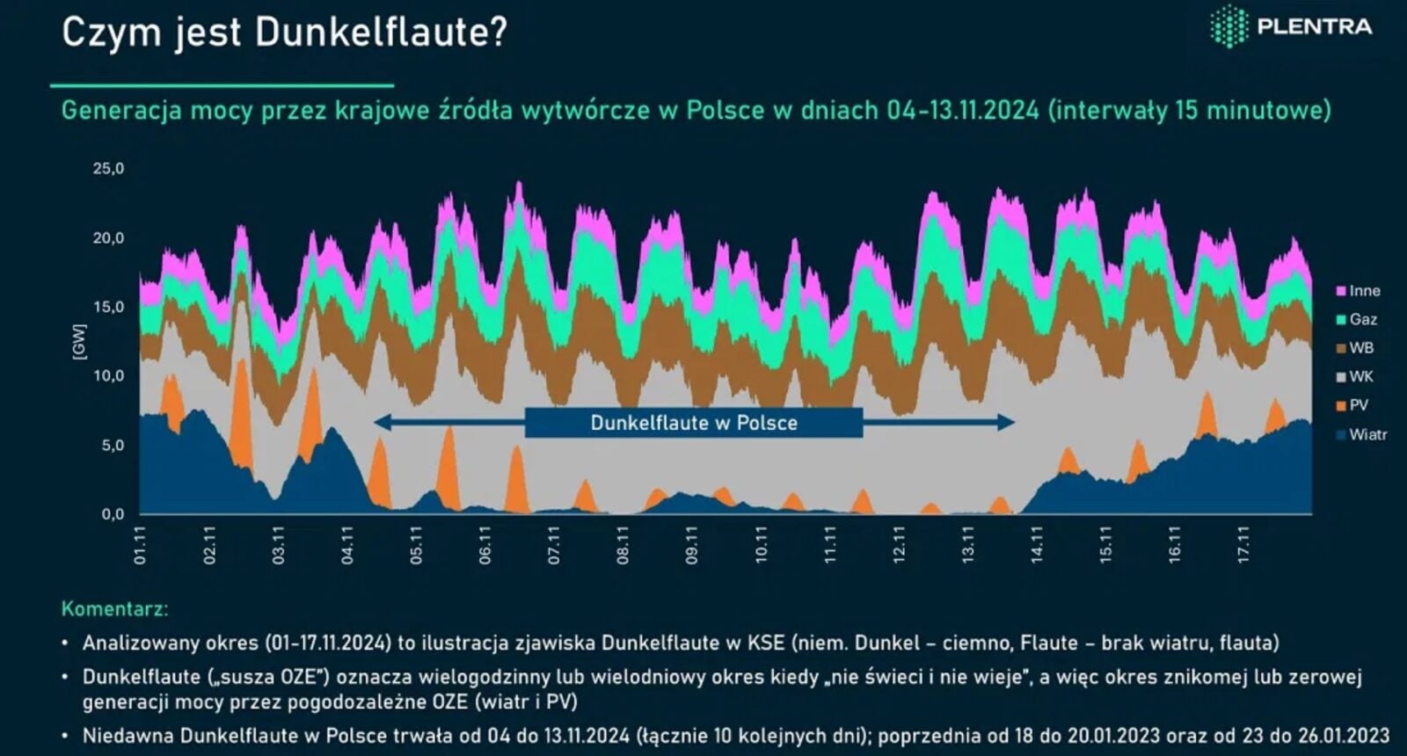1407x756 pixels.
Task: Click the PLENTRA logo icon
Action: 1228,25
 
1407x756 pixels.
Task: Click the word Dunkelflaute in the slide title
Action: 382,33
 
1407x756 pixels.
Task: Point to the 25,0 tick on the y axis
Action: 109,169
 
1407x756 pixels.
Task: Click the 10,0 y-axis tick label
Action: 109,376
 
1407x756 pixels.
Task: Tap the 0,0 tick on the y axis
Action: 112,514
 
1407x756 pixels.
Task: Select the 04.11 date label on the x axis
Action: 347,545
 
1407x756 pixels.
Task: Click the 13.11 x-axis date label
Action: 968,545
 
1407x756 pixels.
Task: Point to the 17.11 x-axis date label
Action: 1243,545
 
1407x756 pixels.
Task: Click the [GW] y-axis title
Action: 79,341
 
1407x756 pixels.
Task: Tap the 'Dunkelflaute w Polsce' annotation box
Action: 694,423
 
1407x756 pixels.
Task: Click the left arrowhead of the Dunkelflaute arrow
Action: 381,423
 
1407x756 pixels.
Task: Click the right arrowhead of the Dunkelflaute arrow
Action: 1008,423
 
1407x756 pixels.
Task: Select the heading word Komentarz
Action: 114,608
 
